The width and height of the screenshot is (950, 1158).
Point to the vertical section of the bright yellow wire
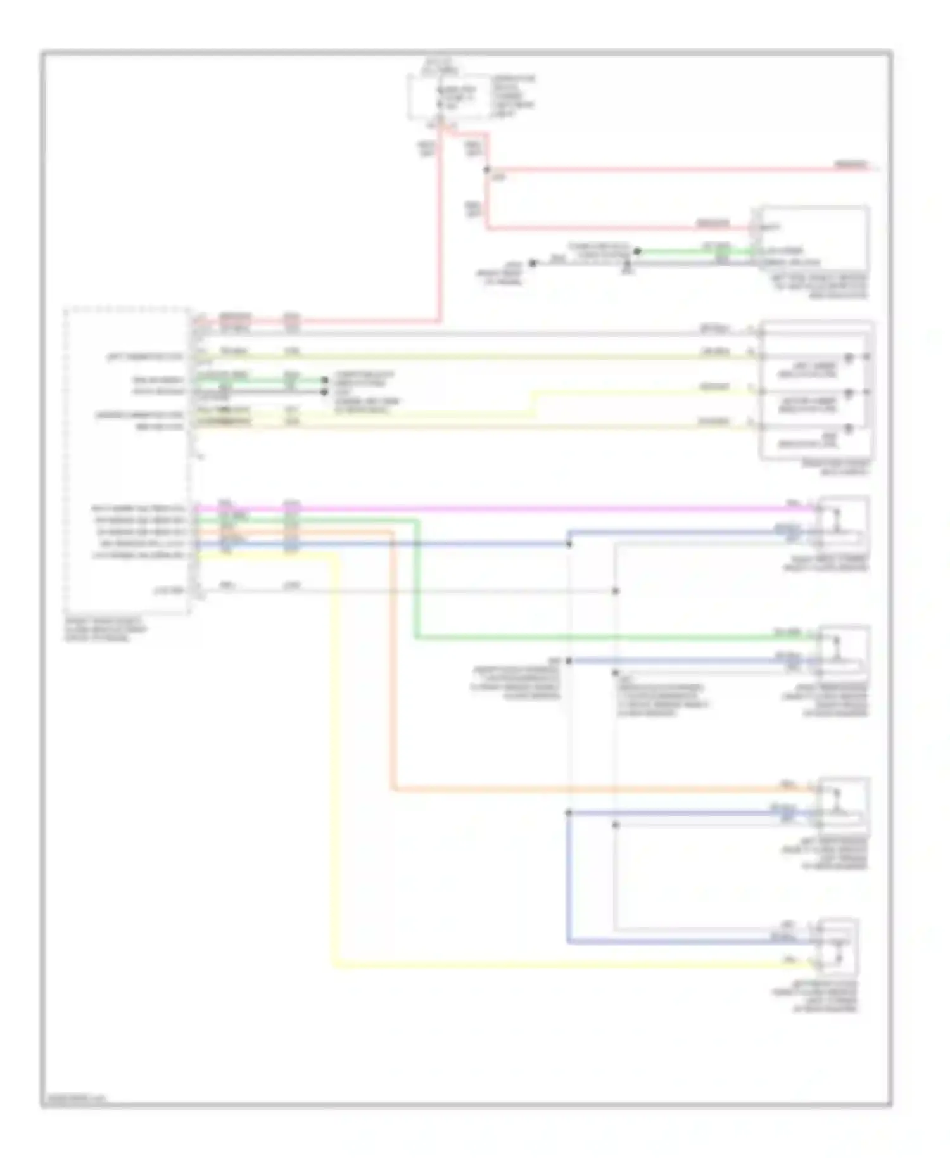point(334,760)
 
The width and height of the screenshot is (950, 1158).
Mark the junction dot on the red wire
point(487,170)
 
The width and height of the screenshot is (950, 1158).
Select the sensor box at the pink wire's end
point(843,524)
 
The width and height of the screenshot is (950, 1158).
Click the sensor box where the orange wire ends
point(843,805)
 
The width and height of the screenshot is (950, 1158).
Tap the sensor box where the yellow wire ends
point(838,946)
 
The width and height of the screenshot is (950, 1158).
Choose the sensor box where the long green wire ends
point(843,653)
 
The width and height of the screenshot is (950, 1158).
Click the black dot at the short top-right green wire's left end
point(638,251)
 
